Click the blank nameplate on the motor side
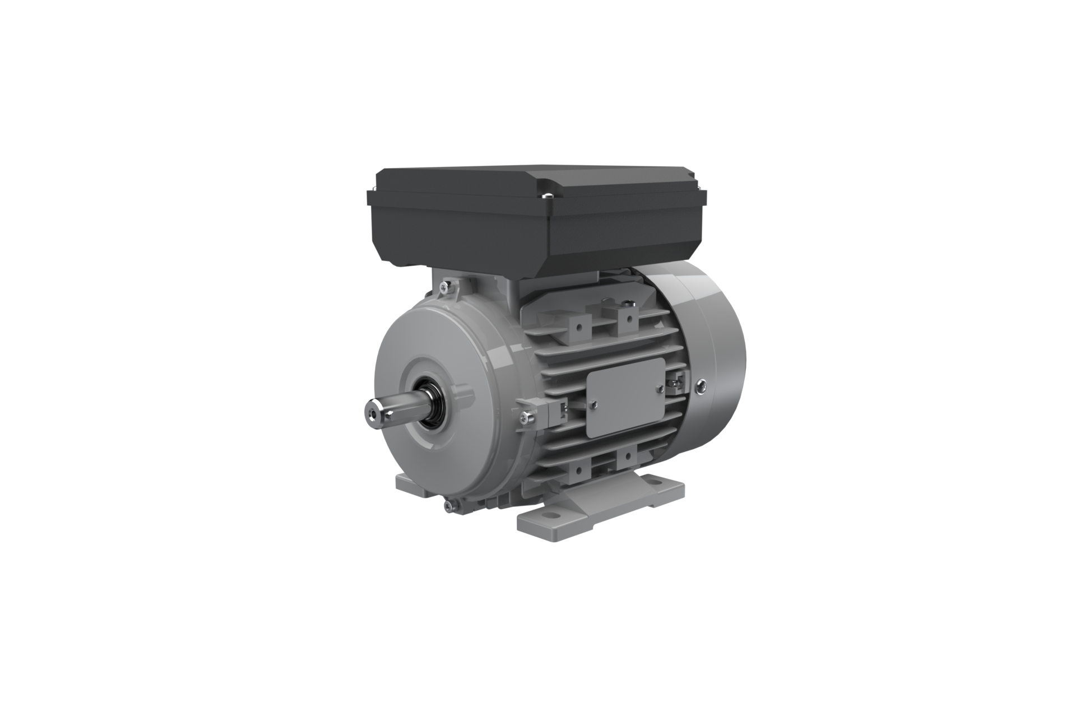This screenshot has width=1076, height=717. pos(625,397)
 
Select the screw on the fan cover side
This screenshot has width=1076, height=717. pos(701,385)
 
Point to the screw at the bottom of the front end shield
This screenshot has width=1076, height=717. pos(447,506)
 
